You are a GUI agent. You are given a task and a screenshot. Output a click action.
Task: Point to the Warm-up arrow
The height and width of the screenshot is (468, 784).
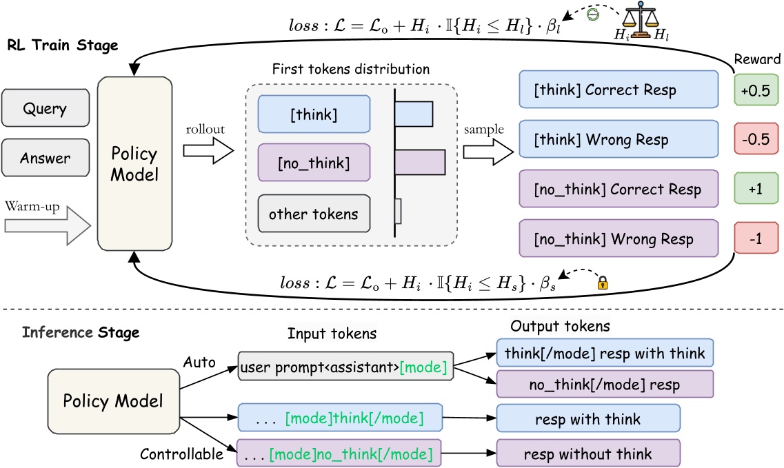pyautogui.click(x=47, y=225)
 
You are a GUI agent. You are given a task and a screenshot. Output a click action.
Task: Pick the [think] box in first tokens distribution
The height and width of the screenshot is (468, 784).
pyautogui.click(x=313, y=113)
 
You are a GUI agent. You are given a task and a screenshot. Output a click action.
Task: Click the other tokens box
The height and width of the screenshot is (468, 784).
pyautogui.click(x=313, y=214)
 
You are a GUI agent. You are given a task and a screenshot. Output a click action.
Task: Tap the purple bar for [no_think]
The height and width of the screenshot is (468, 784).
pyautogui.click(x=419, y=163)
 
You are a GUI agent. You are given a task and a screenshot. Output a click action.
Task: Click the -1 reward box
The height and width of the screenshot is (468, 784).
pyautogui.click(x=757, y=238)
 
